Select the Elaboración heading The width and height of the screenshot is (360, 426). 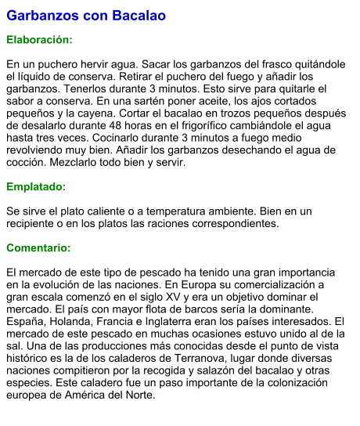coord(39,39)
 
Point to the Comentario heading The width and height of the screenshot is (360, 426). coord(38,248)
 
